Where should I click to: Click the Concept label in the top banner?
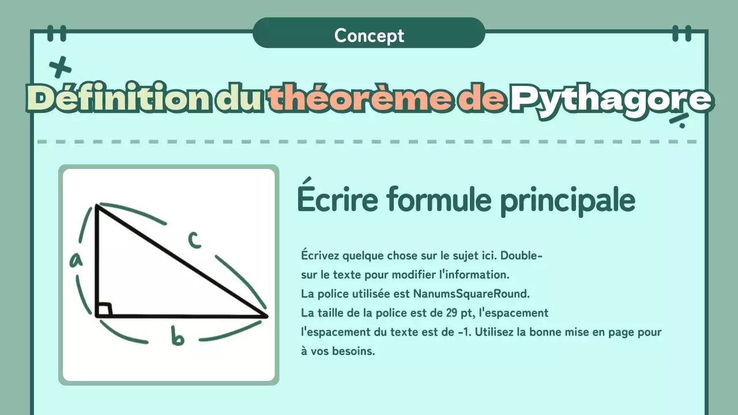[369, 36]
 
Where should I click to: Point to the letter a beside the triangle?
[76, 261]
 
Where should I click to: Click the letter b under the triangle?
[178, 336]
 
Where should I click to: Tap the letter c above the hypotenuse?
[194, 240]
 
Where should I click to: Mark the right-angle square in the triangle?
[104, 310]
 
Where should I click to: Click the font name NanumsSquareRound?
[470, 293]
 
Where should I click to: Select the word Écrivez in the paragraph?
[320, 255]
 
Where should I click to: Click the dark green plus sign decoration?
[60, 68]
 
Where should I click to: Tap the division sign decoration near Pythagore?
[680, 119]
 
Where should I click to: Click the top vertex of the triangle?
[97, 205]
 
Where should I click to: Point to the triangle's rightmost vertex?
[267, 316]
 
